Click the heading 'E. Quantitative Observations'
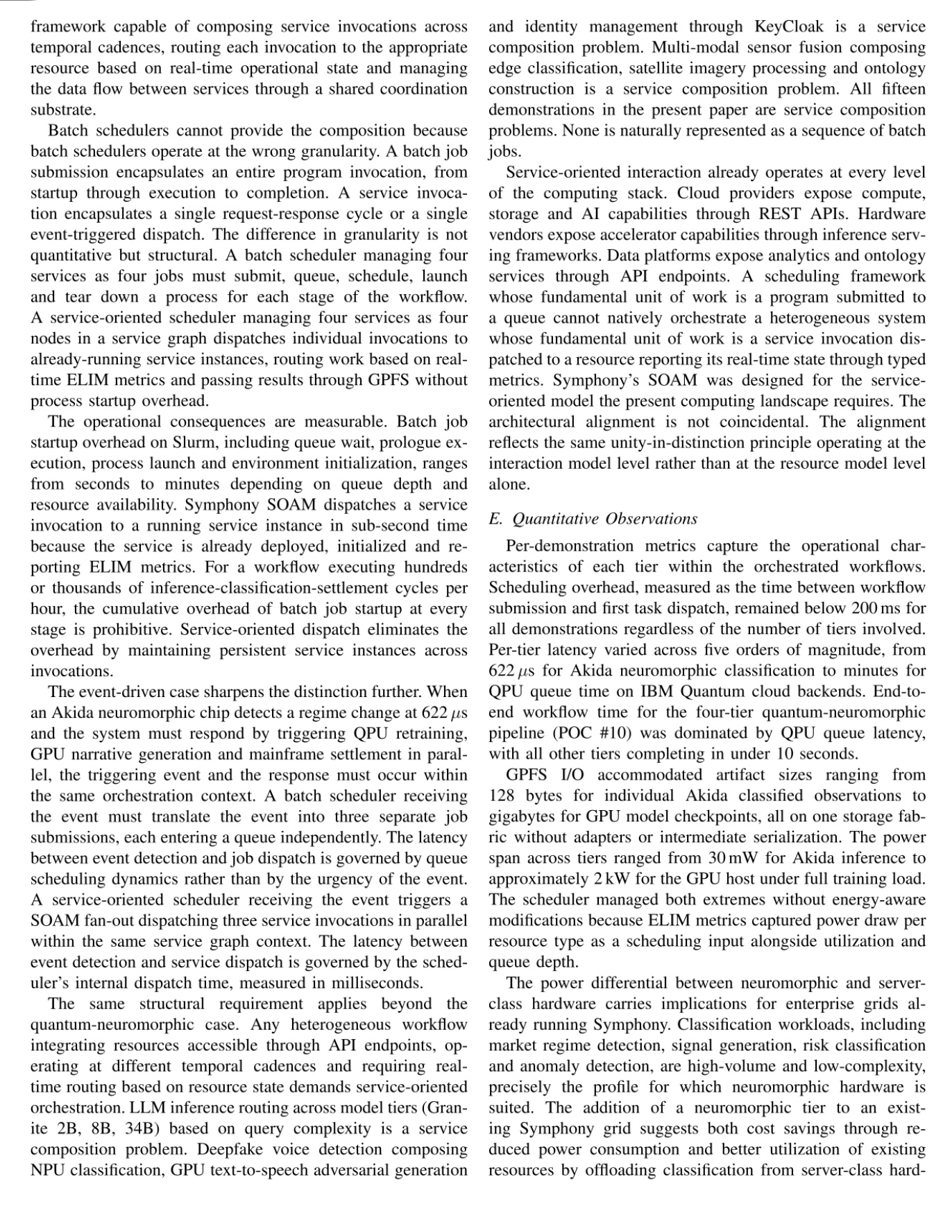[593, 519]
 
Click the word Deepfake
[228, 1149]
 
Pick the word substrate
[61, 110]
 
